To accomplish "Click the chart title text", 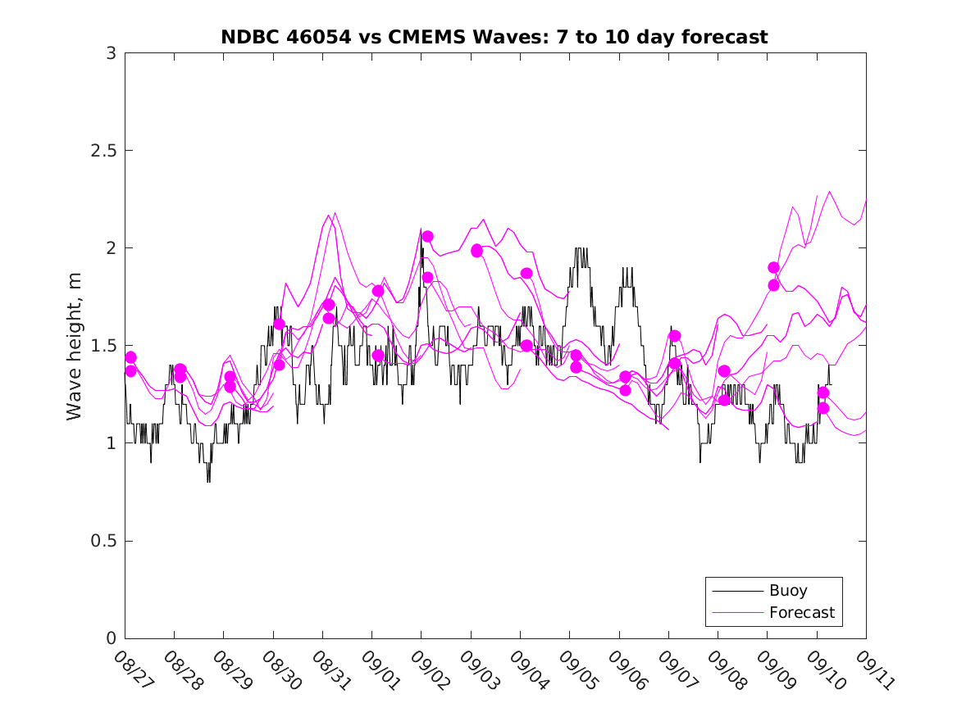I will [x=494, y=37].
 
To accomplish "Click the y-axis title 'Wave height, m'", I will [x=75, y=346].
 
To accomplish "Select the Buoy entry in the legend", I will [x=788, y=590].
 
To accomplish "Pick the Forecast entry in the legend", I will [x=801, y=612].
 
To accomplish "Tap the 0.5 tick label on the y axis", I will [x=103, y=541].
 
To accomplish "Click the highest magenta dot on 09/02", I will [x=427, y=236].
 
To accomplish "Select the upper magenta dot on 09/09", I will [x=773, y=267].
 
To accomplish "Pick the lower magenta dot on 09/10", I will [x=823, y=408].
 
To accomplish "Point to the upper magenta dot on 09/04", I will [x=526, y=273].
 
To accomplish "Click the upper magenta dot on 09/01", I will [x=378, y=291].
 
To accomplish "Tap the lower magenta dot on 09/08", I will [x=724, y=400].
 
